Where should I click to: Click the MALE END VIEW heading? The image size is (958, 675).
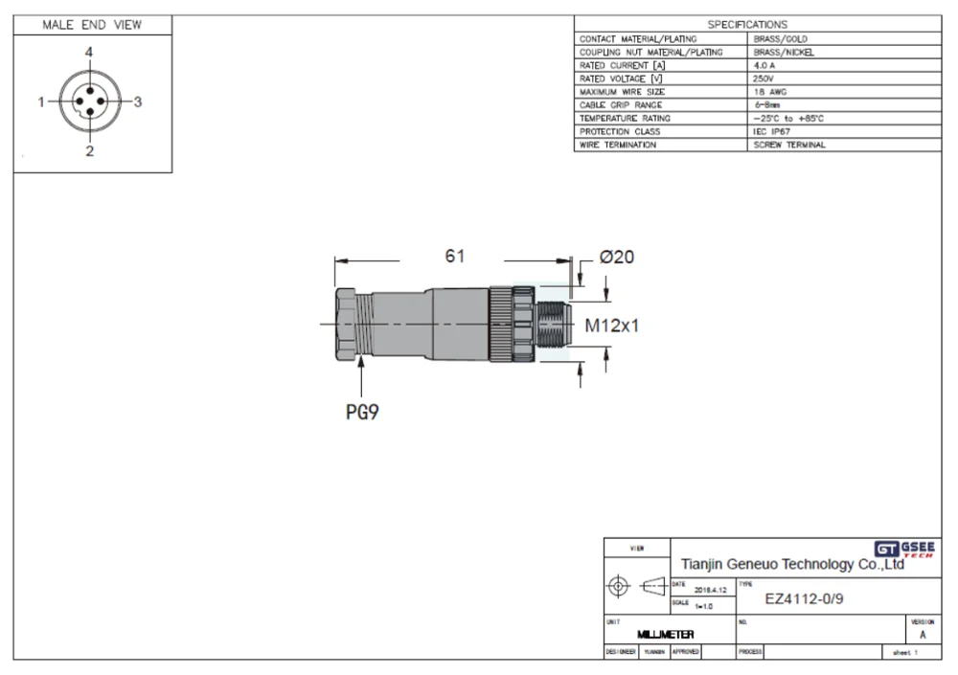[x=93, y=25]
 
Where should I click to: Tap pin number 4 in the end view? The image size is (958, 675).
[x=88, y=53]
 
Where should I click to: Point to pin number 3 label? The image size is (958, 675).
[x=138, y=101]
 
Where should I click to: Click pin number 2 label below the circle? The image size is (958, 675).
[x=89, y=151]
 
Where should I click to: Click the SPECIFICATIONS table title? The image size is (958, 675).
[x=747, y=24]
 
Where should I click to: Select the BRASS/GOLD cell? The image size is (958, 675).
[x=782, y=39]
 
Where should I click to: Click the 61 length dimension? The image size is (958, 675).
[x=455, y=257]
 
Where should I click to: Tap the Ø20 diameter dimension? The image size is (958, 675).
[x=617, y=257]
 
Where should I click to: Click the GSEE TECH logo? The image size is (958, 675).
[x=904, y=549]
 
